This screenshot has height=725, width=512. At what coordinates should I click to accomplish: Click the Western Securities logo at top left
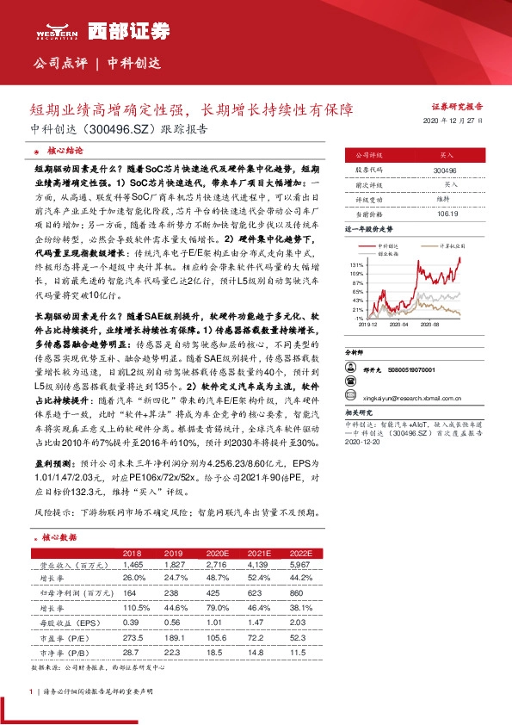[x=59, y=31]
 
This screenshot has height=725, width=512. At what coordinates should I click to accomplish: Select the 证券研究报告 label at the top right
[x=457, y=106]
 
